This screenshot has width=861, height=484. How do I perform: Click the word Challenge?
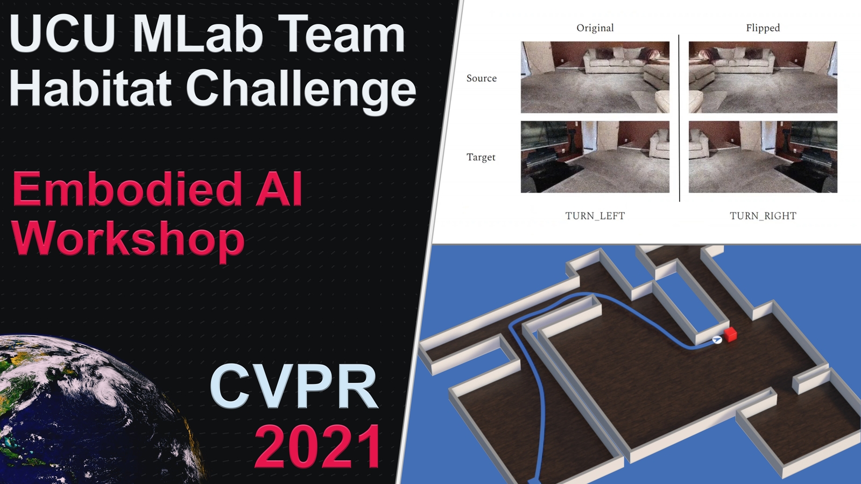tap(301, 90)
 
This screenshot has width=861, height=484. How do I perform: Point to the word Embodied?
tap(127, 189)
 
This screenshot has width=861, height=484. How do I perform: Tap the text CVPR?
tap(294, 386)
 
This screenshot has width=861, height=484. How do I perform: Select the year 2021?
tap(319, 446)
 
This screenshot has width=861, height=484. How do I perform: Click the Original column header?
tap(595, 28)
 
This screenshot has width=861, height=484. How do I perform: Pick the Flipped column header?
tap(763, 28)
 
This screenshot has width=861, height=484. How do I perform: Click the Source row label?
tap(481, 79)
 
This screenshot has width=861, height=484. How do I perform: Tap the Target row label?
tap(481, 157)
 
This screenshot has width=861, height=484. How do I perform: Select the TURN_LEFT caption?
tap(595, 216)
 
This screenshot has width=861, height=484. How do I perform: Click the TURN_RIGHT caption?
tap(763, 216)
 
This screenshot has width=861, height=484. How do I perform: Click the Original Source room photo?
tap(595, 77)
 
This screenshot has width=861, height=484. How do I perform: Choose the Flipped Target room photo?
tap(763, 156)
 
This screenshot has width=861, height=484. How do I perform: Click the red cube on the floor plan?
tap(730, 334)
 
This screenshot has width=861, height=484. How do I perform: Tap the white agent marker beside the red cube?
tap(717, 339)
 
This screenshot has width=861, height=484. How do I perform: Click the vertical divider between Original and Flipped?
tap(679, 118)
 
